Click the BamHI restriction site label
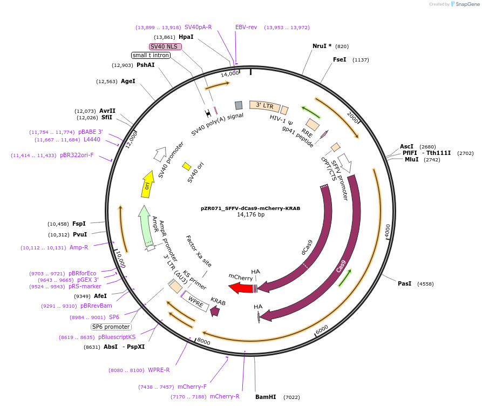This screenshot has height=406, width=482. [x=266, y=397]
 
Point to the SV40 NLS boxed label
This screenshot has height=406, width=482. [x=165, y=46]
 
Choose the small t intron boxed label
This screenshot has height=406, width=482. [x=151, y=56]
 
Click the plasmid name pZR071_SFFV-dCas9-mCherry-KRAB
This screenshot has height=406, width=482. [x=250, y=208]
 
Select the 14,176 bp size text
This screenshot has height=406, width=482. [x=250, y=215]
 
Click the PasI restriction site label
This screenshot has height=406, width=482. [x=404, y=283]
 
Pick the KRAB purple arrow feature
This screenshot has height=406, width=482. [x=215, y=310]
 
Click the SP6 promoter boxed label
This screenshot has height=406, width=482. [x=111, y=327]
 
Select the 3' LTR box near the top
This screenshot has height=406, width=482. [x=264, y=106]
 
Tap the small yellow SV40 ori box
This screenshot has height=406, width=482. [x=187, y=166]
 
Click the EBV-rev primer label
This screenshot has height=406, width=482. [x=246, y=27]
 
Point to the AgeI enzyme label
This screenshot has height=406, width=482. [x=128, y=82]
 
